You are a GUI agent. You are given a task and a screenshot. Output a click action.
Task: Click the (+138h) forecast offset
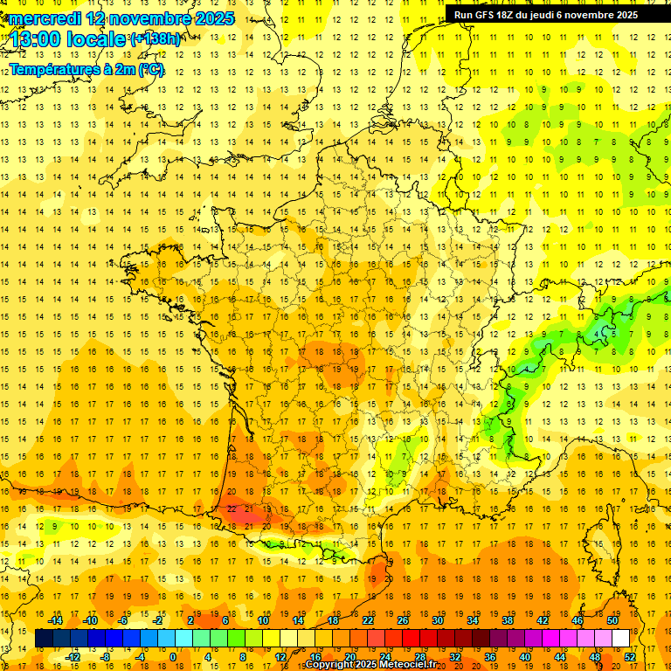(x=156, y=38)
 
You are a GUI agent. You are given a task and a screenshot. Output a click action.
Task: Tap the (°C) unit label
(x=151, y=69)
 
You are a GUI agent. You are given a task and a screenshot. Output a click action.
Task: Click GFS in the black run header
(x=485, y=15)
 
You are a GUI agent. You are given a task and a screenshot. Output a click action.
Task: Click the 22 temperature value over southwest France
(x=232, y=508)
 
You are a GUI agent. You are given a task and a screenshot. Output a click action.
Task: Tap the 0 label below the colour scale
(x=173, y=657)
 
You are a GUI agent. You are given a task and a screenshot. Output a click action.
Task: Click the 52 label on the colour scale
(x=630, y=657)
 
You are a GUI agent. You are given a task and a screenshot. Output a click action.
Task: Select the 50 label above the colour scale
(x=612, y=620)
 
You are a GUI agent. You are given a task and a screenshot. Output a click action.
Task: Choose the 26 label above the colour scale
(x=403, y=620)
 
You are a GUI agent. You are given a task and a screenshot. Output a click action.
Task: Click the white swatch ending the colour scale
(x=621, y=639)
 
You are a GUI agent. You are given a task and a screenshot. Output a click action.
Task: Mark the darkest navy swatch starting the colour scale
(x=44, y=639)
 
